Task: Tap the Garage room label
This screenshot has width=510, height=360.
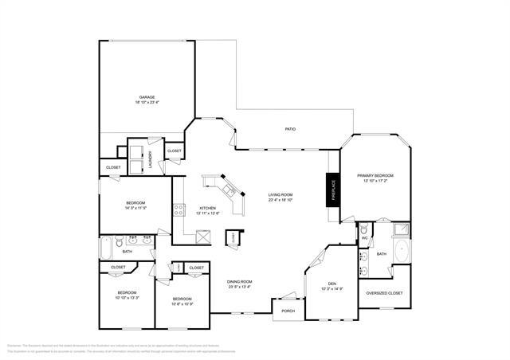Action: point(147,97)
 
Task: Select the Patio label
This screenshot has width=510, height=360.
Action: point(292,129)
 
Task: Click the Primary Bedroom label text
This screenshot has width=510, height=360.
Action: point(375,175)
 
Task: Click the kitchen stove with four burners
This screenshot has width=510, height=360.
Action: point(179,212)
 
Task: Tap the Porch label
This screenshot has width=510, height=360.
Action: point(288,311)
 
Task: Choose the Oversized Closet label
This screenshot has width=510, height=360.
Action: point(384,293)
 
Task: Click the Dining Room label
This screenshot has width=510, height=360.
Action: point(240,282)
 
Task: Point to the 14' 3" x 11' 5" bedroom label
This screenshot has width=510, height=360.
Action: point(135,205)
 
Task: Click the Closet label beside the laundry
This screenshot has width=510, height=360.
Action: point(174,151)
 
